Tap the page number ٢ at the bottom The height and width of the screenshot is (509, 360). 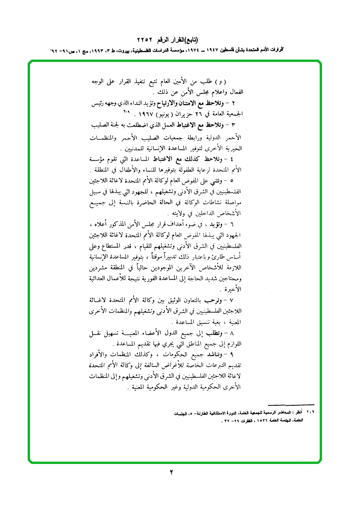click(x=172, y=472)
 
